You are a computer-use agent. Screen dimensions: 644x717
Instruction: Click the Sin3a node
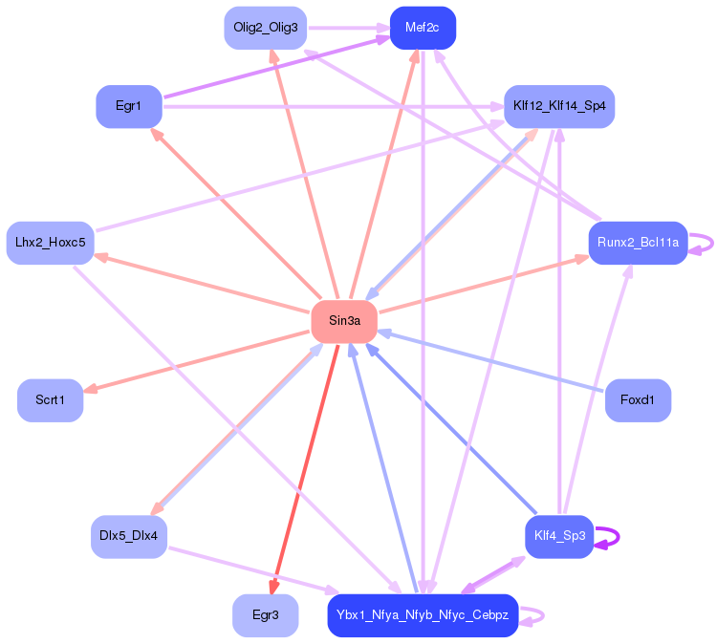(x=344, y=321)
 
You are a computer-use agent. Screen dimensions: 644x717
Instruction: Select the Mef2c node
(x=423, y=28)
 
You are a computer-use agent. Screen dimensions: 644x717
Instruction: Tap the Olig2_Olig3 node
(x=265, y=28)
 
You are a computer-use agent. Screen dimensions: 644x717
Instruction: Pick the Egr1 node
(x=129, y=106)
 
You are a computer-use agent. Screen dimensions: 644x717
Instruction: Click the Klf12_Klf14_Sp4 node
(x=559, y=106)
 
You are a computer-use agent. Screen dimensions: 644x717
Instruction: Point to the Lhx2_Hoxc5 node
(x=50, y=243)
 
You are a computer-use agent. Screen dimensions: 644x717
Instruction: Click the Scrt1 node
(x=50, y=399)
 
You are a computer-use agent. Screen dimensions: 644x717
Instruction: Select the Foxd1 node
(x=638, y=399)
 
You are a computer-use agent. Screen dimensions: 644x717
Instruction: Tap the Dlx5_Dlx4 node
(x=129, y=536)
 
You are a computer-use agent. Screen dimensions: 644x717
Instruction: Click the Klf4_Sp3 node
(x=559, y=536)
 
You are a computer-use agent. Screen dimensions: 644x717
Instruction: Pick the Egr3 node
(x=265, y=615)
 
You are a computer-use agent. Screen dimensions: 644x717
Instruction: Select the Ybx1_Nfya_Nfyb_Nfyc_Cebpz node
(x=423, y=615)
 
